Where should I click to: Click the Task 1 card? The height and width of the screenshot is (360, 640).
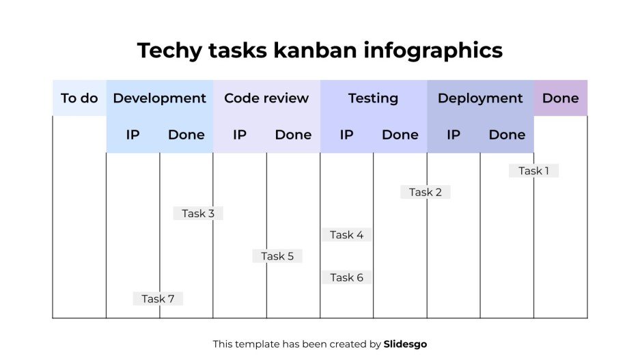coord(533,171)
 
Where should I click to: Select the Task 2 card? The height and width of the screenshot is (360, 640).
coord(425,192)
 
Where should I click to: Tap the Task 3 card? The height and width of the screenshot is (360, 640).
coord(198,213)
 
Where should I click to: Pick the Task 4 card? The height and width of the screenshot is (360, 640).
coord(346,234)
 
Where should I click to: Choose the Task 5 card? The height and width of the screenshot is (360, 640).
coord(277,256)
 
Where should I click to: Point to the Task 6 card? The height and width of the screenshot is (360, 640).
coord(346,277)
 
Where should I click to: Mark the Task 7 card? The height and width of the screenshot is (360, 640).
coord(158,299)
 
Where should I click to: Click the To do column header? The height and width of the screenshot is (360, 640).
coord(79,98)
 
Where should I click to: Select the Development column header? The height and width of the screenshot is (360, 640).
coord(159,98)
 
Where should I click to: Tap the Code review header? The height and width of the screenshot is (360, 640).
coord(266,98)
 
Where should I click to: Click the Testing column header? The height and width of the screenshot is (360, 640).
coord(373,98)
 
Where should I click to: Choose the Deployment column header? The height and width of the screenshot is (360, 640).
coord(480,98)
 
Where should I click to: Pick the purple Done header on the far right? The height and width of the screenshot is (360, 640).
coord(560,98)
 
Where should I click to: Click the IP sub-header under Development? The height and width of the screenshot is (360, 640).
coord(133,135)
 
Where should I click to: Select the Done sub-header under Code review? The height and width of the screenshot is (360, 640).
coord(293,135)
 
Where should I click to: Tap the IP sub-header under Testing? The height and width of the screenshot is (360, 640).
coord(346,135)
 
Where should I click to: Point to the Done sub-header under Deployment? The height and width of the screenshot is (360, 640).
coord(507,135)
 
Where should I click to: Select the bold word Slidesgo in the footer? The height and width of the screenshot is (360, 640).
coord(405,344)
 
